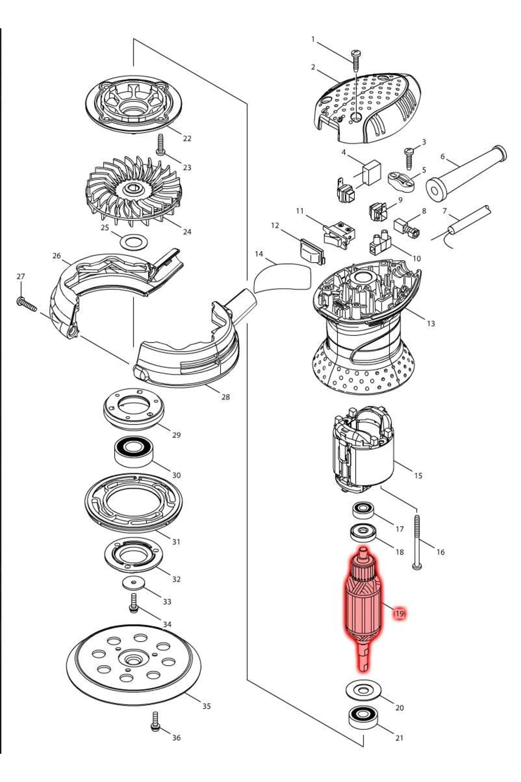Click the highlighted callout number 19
399,613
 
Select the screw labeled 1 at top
356,60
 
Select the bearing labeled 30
134,452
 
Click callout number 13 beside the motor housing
431,323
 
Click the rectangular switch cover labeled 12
311,252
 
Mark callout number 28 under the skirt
225,397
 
